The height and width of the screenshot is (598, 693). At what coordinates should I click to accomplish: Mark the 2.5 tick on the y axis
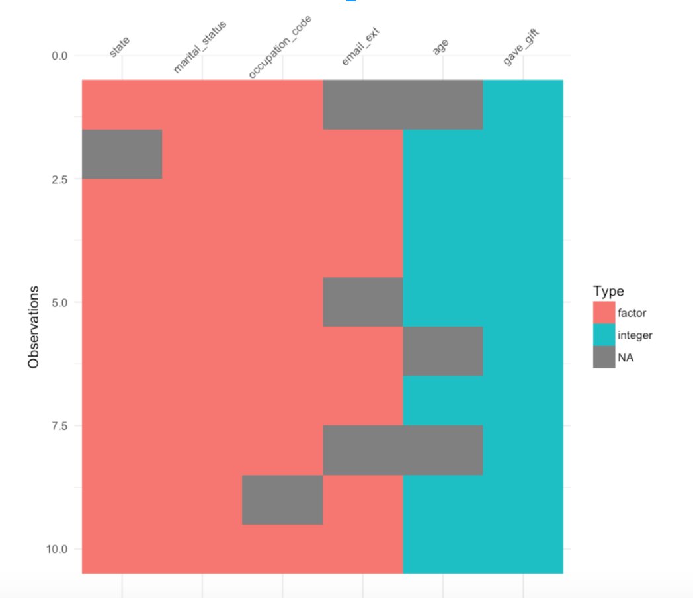[60, 179]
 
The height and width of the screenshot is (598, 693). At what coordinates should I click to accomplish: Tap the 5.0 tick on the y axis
[60, 302]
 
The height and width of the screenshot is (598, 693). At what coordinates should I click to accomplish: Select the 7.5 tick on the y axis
[60, 426]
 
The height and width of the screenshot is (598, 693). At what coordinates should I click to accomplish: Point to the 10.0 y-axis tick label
[58, 549]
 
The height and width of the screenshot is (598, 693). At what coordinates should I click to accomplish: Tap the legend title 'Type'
[608, 291]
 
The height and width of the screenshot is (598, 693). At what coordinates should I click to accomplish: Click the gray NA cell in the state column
[122, 154]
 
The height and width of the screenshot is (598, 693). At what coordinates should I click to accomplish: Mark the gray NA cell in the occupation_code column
[282, 499]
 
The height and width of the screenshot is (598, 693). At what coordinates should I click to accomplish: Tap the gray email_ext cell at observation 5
[362, 302]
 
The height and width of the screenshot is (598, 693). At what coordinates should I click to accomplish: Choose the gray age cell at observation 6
[443, 351]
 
